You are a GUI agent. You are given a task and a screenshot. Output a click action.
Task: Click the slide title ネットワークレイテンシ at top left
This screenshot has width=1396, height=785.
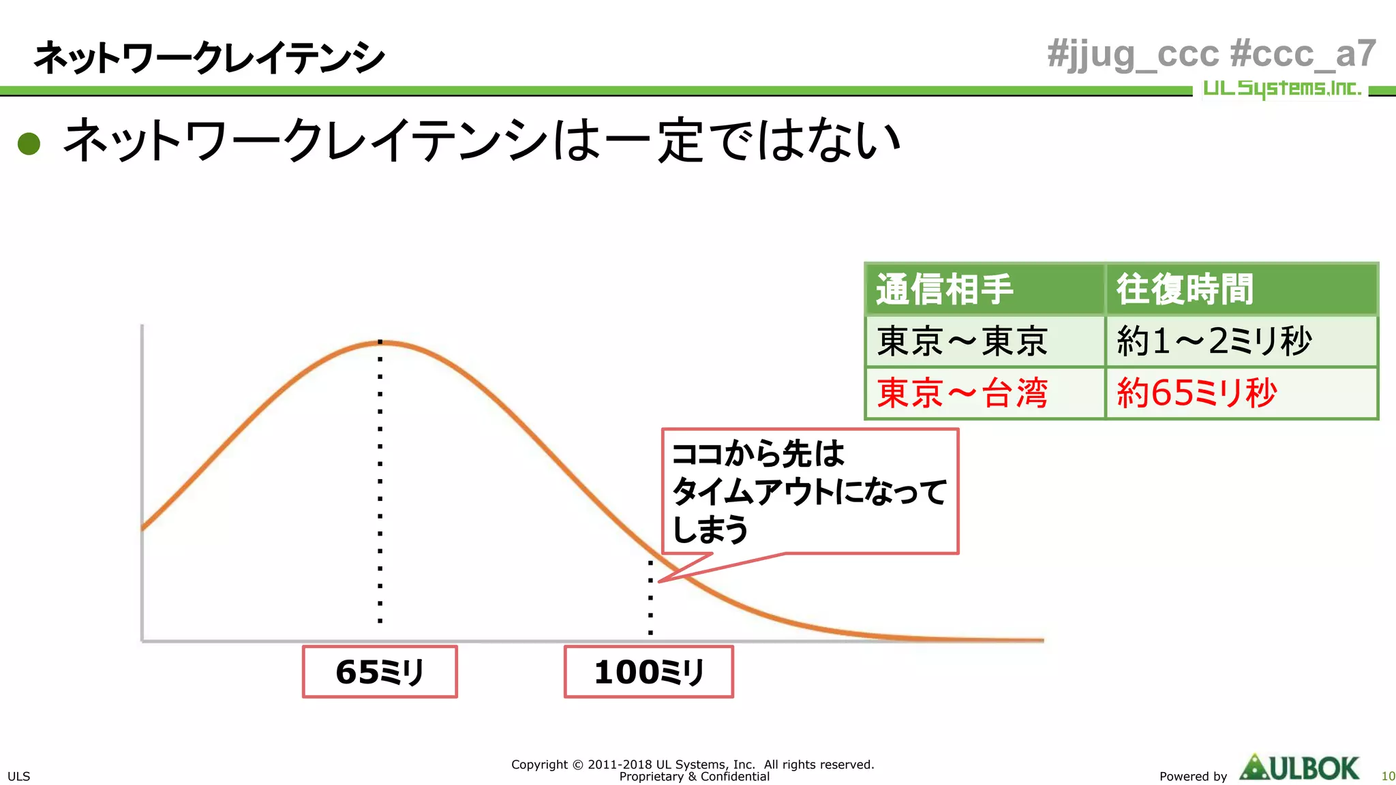209,57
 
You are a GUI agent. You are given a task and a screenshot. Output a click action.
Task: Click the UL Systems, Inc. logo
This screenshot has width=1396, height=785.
1281,89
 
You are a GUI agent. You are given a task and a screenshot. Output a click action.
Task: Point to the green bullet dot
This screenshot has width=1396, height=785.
29,143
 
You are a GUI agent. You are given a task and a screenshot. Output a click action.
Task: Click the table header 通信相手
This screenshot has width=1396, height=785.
945,290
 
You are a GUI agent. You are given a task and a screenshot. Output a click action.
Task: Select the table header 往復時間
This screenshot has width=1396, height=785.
1185,290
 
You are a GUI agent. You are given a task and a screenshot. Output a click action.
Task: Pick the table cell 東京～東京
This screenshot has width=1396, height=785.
962,341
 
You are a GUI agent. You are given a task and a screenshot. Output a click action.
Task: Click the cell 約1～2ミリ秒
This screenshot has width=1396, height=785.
1213,341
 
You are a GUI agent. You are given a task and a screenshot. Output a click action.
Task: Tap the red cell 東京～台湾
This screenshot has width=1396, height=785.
962,393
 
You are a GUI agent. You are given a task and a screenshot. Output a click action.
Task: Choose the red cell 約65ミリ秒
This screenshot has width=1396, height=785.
1196,393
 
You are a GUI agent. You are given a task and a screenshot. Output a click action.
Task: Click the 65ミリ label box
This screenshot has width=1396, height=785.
380,672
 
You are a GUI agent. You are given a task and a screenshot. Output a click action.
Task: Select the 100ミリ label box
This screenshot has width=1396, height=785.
648,672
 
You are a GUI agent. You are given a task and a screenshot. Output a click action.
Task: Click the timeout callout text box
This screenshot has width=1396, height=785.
810,491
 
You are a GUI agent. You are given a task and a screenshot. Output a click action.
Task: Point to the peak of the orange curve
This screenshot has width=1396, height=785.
380,343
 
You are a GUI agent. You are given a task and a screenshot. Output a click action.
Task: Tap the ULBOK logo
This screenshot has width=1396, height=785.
1299,769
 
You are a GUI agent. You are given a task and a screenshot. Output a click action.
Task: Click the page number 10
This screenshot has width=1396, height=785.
1388,776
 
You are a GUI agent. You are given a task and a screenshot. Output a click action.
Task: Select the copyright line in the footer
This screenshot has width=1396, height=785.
693,765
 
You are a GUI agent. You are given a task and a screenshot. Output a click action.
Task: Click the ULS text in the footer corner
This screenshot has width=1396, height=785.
18,776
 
